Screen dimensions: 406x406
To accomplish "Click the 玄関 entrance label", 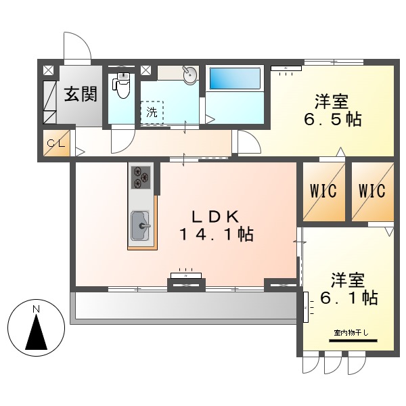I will coord(81,94).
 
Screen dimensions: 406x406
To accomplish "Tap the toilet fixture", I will coord(122,86).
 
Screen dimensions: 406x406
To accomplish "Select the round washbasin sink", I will coord(189,75).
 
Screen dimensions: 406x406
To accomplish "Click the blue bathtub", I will coord(235,79).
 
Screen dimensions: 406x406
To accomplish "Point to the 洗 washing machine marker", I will coord(152,112).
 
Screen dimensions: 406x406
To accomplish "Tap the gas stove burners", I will coord(141,177).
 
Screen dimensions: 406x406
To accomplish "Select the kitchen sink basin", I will coord(140,225).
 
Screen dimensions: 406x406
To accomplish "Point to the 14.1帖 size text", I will coord(217,235).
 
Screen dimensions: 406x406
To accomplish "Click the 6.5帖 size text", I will coord(332,120).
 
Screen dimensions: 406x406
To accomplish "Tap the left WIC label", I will coord(323,191).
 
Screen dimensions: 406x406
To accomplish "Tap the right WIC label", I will coord(372,191).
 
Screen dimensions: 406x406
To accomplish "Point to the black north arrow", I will coord(37,332).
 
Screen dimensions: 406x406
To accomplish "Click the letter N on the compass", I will coord(37,309).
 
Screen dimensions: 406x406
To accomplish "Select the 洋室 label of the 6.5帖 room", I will coord(332,101).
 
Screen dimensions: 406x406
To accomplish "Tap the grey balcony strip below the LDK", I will coord(183,306).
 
